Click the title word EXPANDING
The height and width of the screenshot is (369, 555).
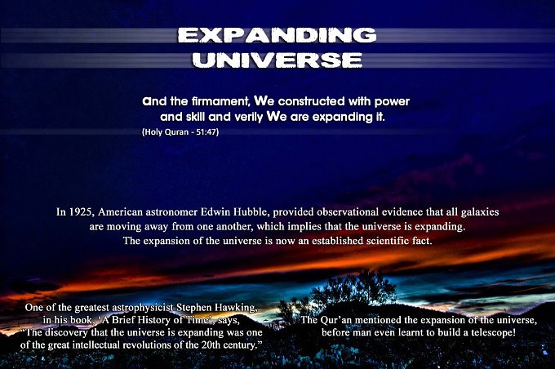(277, 35)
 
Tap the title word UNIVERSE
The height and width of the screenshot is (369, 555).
(277, 60)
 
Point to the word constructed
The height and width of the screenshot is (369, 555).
(311, 101)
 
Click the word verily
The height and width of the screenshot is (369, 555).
(249, 117)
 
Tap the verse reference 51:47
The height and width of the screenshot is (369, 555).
(207, 132)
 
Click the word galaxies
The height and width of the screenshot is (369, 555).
(480, 212)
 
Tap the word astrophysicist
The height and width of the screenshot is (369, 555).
(144, 308)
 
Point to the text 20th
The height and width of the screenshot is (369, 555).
(210, 345)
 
